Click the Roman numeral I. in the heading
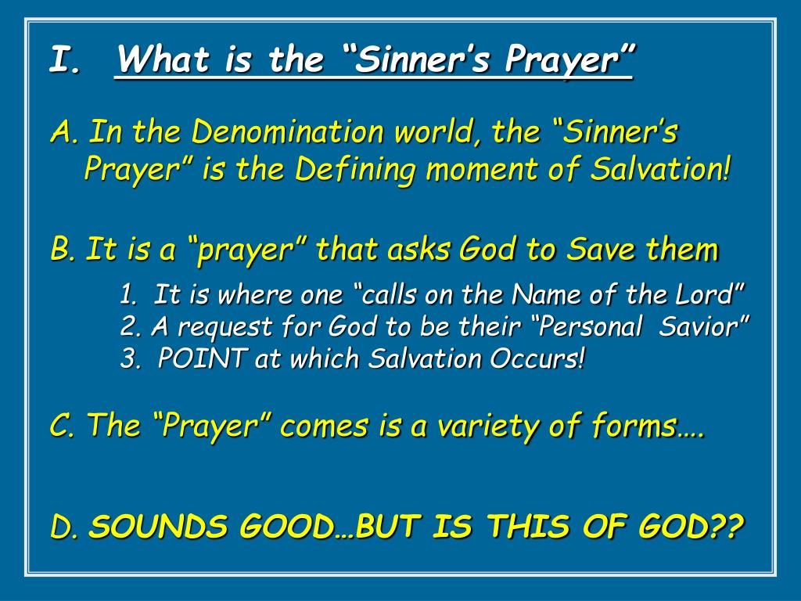click(x=65, y=60)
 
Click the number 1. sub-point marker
click(x=131, y=295)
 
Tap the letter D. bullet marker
click(x=64, y=528)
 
